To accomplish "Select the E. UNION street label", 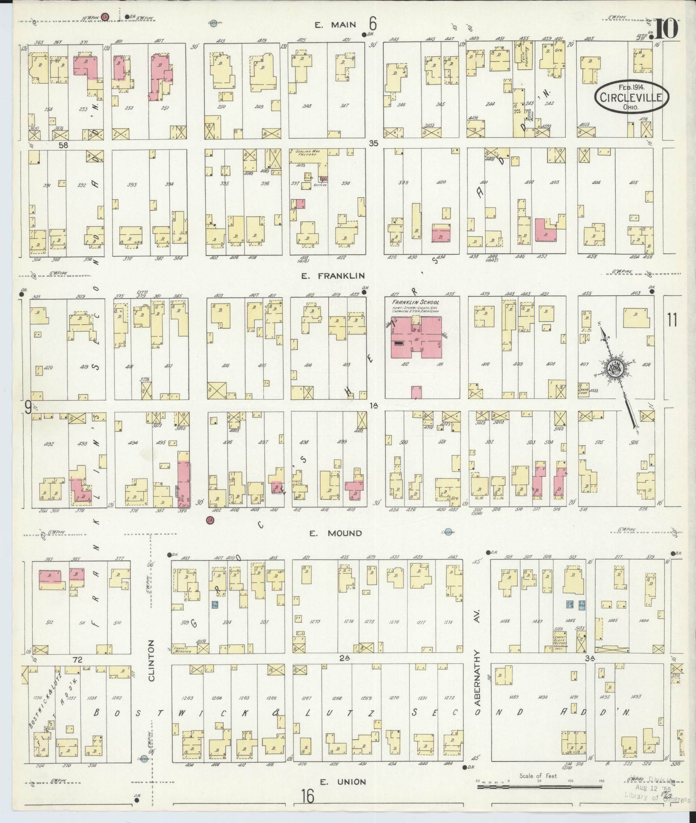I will coord(343,782).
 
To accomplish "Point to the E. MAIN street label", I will coord(336,25).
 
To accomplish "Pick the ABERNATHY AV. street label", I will coord(478,673).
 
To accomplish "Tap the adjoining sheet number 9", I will coord(27,409).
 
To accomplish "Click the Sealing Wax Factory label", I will coord(304,153).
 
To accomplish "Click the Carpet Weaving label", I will coord(182,650).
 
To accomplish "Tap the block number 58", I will coord(63,145).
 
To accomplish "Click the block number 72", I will coord(77,660).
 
